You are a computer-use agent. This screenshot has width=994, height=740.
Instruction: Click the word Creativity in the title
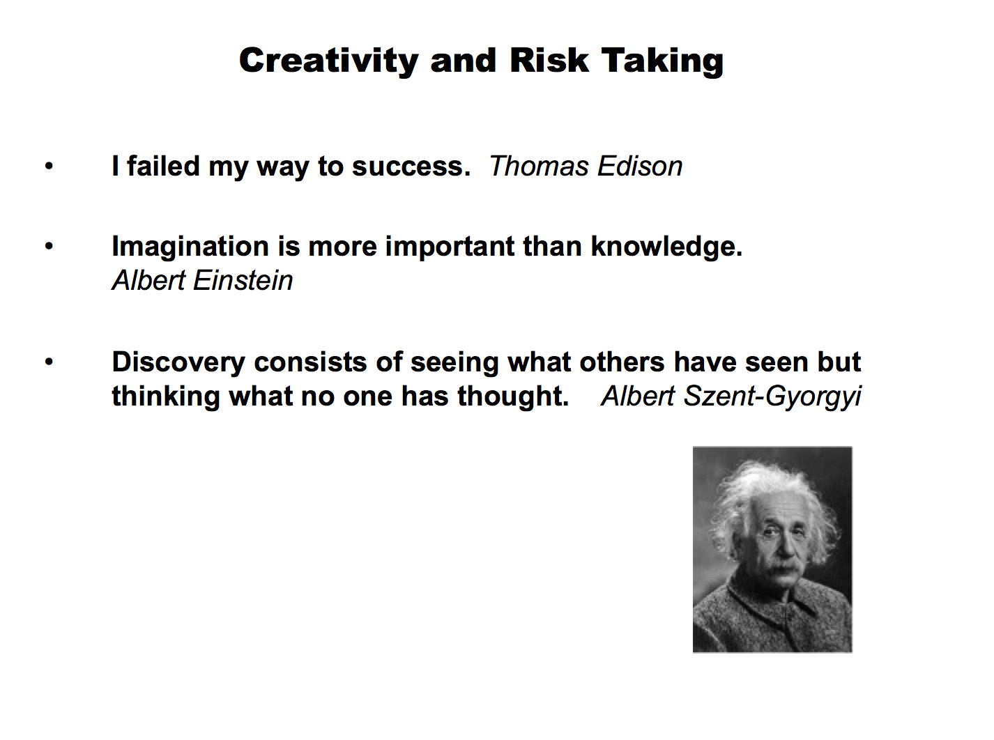point(329,61)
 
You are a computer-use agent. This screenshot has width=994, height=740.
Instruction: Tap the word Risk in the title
point(549,60)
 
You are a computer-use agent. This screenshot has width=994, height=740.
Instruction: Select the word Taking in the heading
point(662,61)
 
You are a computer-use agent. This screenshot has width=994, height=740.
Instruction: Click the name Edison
point(640,166)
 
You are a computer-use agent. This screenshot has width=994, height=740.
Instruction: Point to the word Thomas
point(539,166)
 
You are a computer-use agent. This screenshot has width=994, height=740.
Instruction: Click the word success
point(411,167)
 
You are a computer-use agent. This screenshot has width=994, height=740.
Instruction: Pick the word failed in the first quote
point(163,166)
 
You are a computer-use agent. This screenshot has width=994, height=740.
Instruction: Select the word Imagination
point(190,247)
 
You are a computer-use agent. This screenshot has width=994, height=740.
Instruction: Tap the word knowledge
point(666,246)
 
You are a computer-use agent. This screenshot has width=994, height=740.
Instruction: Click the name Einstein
point(243,280)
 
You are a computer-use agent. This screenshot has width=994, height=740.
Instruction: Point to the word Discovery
point(178,362)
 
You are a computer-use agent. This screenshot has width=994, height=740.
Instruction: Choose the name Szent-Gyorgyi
point(772,397)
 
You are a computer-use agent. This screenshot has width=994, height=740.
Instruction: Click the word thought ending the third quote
point(513,396)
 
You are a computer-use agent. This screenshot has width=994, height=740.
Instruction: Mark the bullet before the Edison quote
point(49,166)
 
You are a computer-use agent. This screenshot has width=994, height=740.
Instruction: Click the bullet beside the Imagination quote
point(49,246)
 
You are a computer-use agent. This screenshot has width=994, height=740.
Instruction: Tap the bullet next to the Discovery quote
point(49,362)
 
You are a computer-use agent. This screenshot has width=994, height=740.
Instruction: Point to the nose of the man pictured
point(783,550)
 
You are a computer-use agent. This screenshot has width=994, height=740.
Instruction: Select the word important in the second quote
point(450,247)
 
